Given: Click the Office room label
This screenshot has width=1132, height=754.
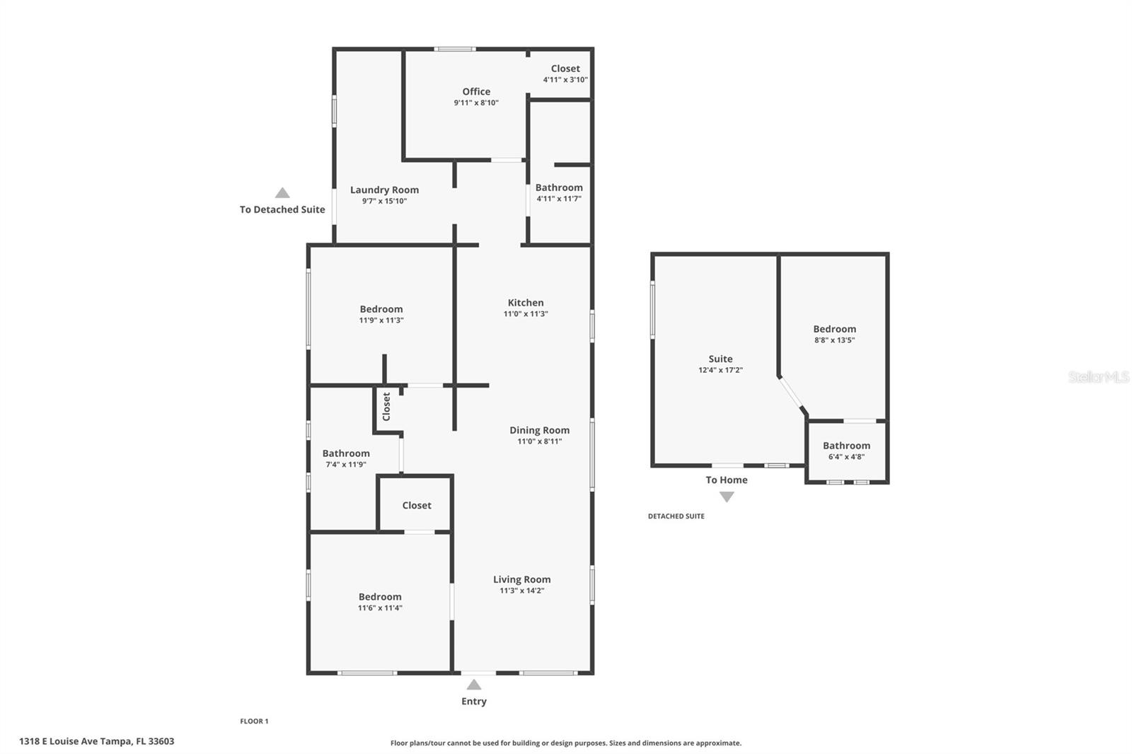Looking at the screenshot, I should coord(476,92).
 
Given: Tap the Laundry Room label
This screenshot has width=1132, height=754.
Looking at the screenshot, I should coord(384,190).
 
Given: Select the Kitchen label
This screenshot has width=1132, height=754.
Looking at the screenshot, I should coord(526,303).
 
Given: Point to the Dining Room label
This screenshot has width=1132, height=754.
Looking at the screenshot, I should coord(539,430).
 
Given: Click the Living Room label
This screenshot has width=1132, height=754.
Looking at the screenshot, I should coord(521,579).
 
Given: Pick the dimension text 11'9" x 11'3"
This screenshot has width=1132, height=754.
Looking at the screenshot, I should coord(381,320).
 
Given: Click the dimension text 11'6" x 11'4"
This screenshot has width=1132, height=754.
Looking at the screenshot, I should coord(380,608).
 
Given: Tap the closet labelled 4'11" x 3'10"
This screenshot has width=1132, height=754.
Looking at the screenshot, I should coord(565,74).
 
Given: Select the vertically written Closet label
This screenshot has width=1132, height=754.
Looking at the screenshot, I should coord(386,407).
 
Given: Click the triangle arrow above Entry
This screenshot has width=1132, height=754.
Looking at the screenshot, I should coord(474,685).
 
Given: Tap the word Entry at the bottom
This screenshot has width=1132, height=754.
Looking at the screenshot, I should coord(474,702).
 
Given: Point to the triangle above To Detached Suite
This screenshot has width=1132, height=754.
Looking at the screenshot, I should coord(282,193).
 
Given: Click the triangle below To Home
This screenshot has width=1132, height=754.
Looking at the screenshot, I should coord(727,497).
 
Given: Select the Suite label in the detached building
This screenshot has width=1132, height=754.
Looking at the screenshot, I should coord(720,359).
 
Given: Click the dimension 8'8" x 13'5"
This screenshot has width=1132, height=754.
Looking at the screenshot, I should coord(835,340).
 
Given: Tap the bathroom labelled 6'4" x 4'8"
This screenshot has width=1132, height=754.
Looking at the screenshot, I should coord(846,451).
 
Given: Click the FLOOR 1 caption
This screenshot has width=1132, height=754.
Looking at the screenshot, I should coord(254,721).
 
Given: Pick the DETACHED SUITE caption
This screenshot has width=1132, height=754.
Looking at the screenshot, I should coord(676,516).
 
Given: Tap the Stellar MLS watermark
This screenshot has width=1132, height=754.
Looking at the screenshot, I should coord(1098,378).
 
